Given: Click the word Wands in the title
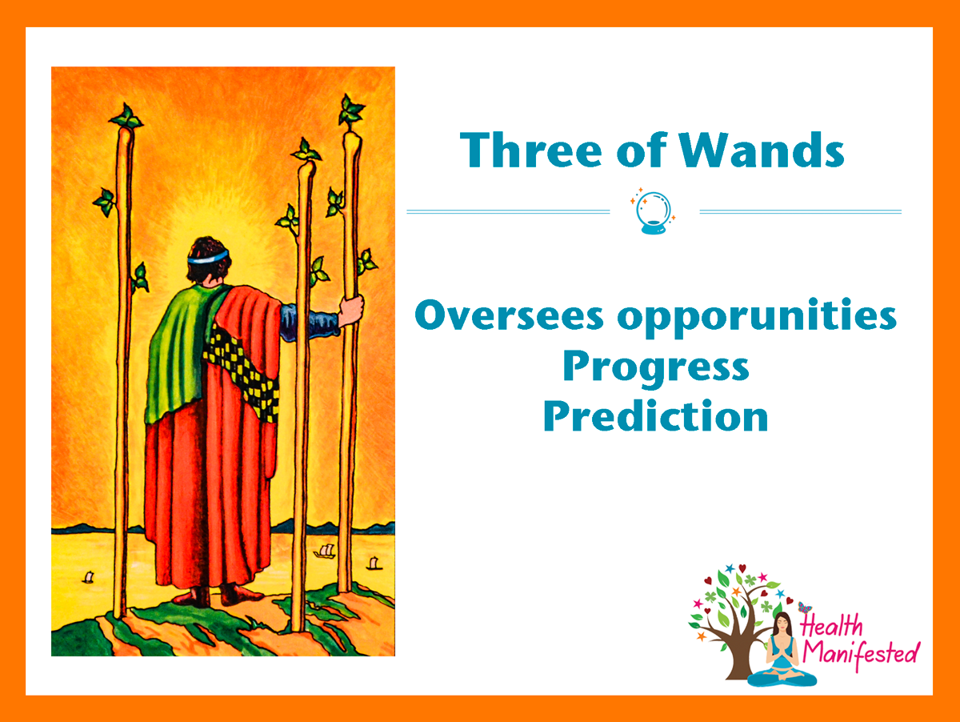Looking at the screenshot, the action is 761,150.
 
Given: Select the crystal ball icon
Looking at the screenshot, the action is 654,212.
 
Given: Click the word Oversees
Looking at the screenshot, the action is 509,315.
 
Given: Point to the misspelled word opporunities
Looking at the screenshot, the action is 757,318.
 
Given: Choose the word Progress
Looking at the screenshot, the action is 656,367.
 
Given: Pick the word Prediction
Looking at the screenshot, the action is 655,415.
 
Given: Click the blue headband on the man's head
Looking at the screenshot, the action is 208,257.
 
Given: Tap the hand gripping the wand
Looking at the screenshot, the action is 351,311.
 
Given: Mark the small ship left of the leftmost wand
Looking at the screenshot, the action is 88,577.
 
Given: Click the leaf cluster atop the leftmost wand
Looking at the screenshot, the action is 126,116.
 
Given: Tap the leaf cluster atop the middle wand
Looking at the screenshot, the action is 306,150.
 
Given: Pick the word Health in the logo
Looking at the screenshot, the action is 831,625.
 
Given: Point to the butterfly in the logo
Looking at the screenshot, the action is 805,608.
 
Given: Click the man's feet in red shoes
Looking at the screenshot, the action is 218,596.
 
